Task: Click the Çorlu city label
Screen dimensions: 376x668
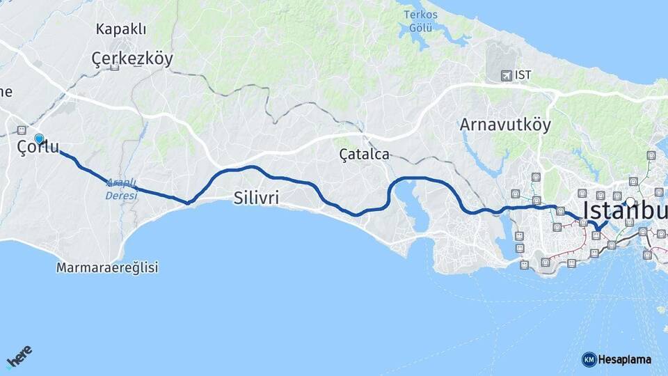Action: [38, 148]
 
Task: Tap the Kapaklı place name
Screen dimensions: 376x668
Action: [122, 29]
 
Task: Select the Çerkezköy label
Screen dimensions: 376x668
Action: [132, 59]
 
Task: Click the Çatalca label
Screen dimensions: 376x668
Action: [364, 154]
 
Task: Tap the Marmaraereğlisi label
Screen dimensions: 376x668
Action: [108, 267]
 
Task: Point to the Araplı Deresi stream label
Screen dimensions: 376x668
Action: [122, 190]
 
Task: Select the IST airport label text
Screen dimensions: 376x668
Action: [524, 75]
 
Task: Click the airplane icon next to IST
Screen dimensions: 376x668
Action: [505, 75]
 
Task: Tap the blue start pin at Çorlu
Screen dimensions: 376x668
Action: [39, 139]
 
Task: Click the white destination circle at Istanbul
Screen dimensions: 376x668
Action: [630, 202]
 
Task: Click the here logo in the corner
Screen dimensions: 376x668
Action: [19, 357]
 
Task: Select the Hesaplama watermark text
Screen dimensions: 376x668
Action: [625, 360]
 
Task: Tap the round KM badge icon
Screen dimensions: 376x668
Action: [589, 360]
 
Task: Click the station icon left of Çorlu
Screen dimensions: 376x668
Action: [22, 130]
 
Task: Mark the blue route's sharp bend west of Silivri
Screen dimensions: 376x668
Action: [188, 203]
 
